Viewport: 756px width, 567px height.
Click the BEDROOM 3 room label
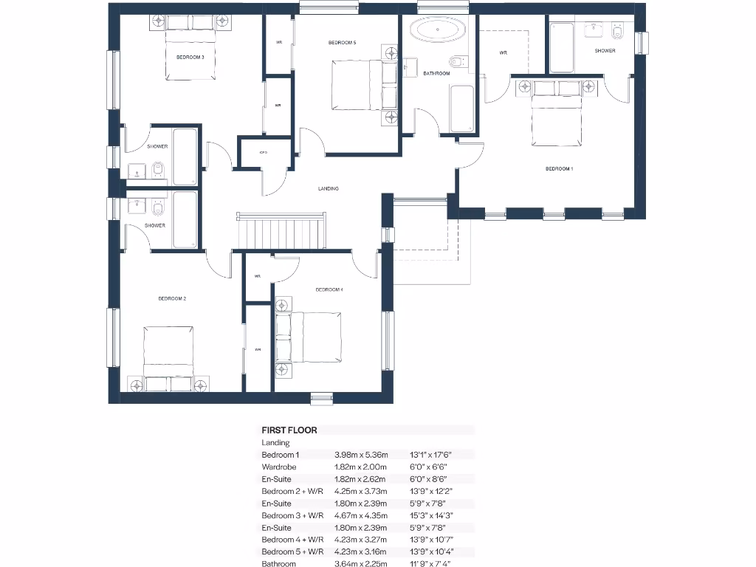click(x=190, y=57)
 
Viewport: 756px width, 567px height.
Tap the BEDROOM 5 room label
click(x=343, y=44)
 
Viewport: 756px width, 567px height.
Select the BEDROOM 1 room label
click(x=559, y=169)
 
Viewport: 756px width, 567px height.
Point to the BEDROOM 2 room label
click(x=171, y=299)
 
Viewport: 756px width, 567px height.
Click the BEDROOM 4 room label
click(x=329, y=290)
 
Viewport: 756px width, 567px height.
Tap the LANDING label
click(x=329, y=189)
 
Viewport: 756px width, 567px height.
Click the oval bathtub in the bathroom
click(x=438, y=32)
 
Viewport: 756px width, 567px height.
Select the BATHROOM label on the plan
click(x=436, y=74)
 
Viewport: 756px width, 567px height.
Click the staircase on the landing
click(x=281, y=231)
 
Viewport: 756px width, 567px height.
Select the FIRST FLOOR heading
click(x=289, y=430)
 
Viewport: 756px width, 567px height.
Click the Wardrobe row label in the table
click(x=280, y=467)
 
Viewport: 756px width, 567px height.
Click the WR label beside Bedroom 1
click(x=504, y=53)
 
